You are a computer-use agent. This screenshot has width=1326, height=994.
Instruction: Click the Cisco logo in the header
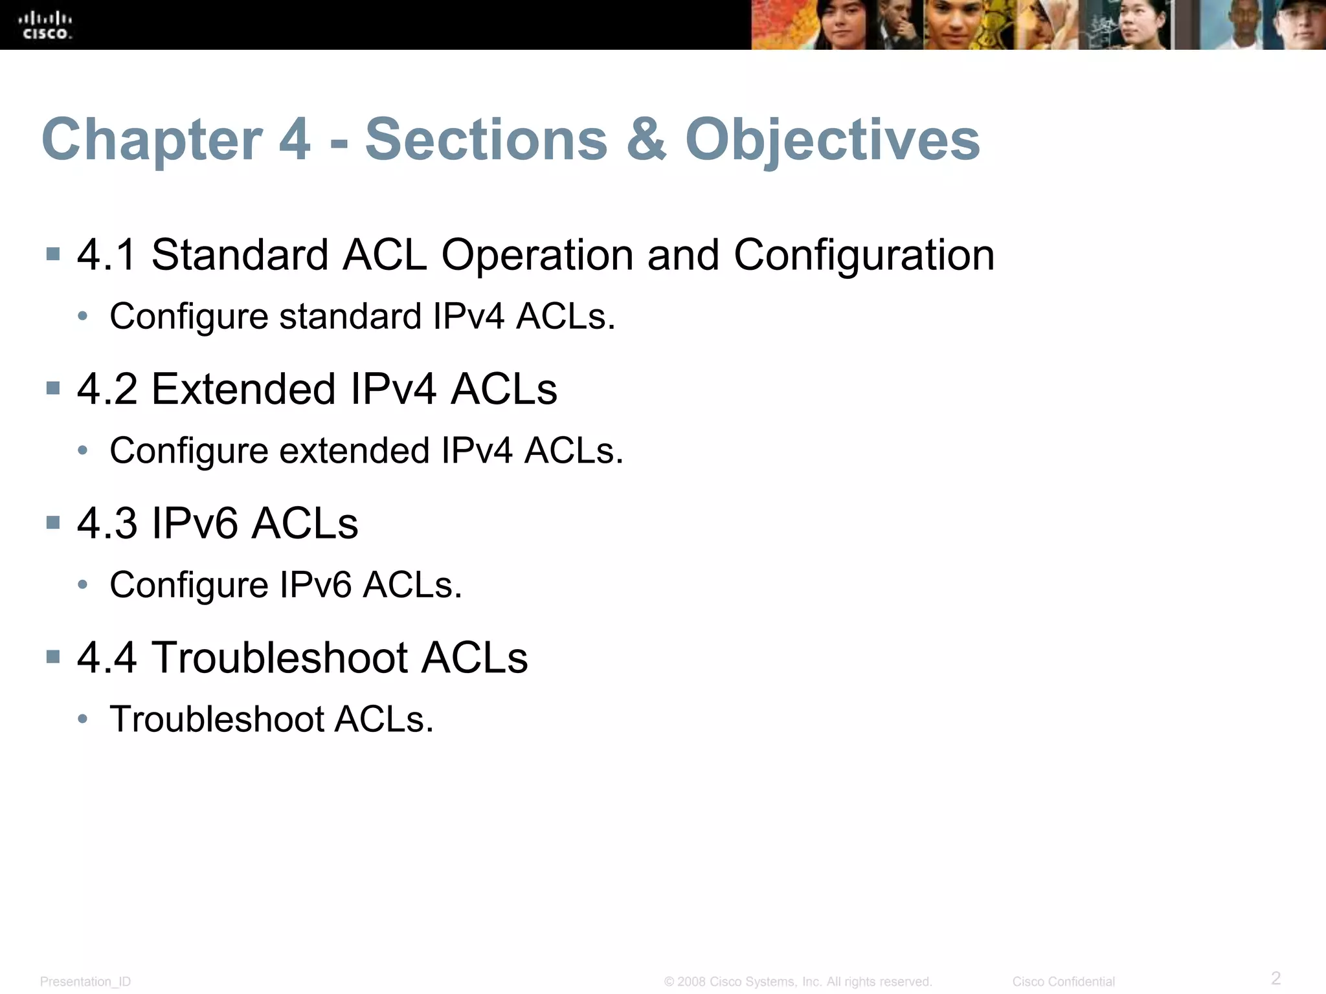[x=45, y=25]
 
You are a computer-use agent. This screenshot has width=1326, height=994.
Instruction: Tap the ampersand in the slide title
[x=646, y=140]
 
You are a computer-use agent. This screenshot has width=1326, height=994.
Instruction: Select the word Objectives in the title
[x=832, y=140]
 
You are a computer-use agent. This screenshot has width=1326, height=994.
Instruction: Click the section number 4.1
[x=107, y=254]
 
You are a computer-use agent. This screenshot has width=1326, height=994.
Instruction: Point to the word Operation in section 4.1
[x=537, y=254]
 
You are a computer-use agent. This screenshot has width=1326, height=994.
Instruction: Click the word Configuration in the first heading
[x=864, y=254]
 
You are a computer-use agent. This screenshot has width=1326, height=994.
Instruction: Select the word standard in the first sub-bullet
[x=350, y=316]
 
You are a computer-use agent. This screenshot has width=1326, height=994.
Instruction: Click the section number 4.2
[x=107, y=389]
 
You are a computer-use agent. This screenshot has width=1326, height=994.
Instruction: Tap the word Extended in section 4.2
[x=243, y=389]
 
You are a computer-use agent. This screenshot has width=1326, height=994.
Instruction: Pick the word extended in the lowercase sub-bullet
[x=354, y=450]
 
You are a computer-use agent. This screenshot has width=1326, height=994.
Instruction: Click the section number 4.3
[x=107, y=523]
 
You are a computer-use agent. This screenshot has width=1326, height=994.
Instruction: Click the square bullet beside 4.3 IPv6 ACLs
[x=53, y=522]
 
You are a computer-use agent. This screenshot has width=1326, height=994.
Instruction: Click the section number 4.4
[x=107, y=657]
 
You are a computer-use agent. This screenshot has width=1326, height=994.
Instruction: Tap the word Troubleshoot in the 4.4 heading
[x=280, y=657]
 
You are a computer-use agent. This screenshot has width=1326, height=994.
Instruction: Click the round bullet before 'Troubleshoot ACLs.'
[x=82, y=718]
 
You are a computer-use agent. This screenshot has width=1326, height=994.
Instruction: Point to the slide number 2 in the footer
[x=1275, y=977]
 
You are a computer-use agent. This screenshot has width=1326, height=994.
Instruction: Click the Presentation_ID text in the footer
[x=85, y=982]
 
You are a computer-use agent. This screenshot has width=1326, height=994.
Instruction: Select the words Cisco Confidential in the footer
[x=1063, y=982]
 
